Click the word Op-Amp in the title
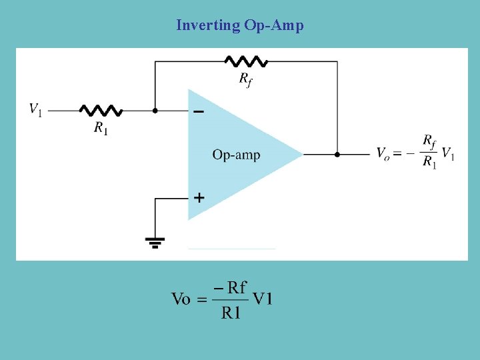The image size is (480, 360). coord(273,26)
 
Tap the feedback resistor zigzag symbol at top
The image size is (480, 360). coord(247,61)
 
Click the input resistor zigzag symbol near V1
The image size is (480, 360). coord(101,111)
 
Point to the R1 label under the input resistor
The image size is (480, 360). coord(101,128)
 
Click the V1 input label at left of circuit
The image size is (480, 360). coord(35,109)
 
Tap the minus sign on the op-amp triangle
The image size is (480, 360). coord(198,112)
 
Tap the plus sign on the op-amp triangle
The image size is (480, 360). coord(199,197)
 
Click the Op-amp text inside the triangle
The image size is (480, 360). coord(236,155)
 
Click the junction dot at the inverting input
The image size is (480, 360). coord(155,111)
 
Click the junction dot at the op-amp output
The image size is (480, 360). coord(337,154)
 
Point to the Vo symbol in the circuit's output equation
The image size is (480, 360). coord(383,154)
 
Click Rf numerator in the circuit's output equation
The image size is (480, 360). coord(429,141)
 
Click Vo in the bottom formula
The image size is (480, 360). coord(181,299)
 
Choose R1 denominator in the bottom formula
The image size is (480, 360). coord(231,312)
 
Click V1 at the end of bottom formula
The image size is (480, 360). coord(262,299)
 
